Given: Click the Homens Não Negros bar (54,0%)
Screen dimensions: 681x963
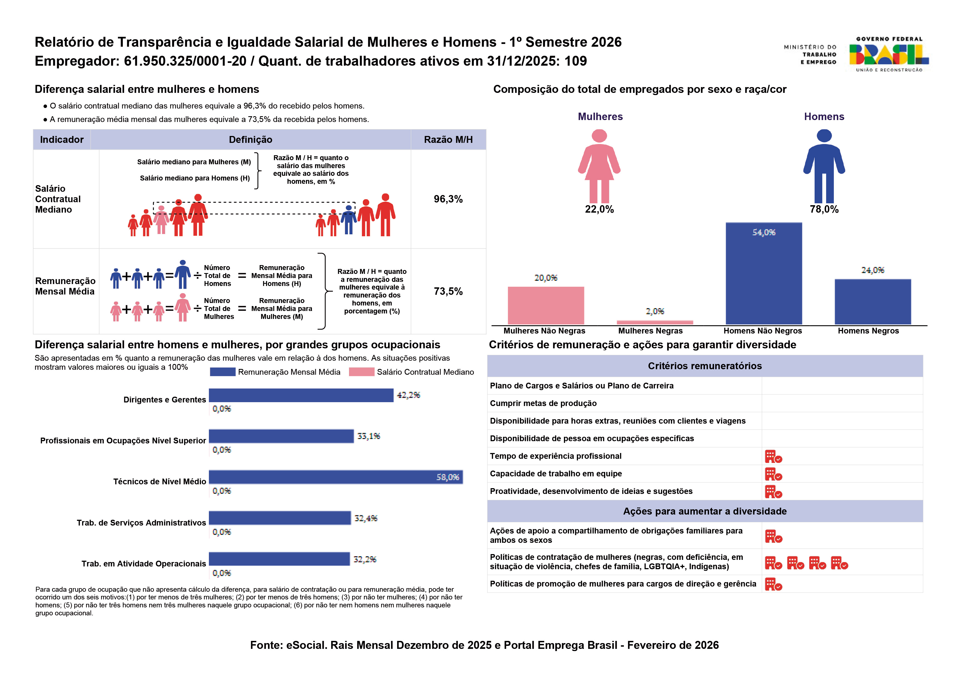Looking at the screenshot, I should [763, 273].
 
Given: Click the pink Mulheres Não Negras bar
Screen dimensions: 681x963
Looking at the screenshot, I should [546, 305].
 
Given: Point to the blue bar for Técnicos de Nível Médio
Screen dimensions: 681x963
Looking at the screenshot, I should [336, 477].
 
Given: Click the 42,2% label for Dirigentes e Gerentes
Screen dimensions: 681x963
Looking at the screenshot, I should [408, 395].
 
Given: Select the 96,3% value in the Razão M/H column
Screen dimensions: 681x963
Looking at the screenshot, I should [448, 199].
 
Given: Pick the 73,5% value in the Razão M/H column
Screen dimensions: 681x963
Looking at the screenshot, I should [448, 291].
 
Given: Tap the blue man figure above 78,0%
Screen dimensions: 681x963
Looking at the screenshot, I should [824, 166].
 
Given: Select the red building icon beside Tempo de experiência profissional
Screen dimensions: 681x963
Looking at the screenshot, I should [773, 456].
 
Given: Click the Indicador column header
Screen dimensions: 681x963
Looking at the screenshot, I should [62, 140].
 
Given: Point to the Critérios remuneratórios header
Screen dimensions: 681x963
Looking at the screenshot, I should [705, 366].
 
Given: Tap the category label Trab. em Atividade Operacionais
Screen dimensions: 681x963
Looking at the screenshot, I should [143, 564].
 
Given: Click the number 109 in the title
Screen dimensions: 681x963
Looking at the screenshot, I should [575, 61].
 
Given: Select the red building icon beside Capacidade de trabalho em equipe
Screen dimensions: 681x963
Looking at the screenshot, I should [773, 474].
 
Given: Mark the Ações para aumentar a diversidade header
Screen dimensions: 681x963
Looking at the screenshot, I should [705, 511].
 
